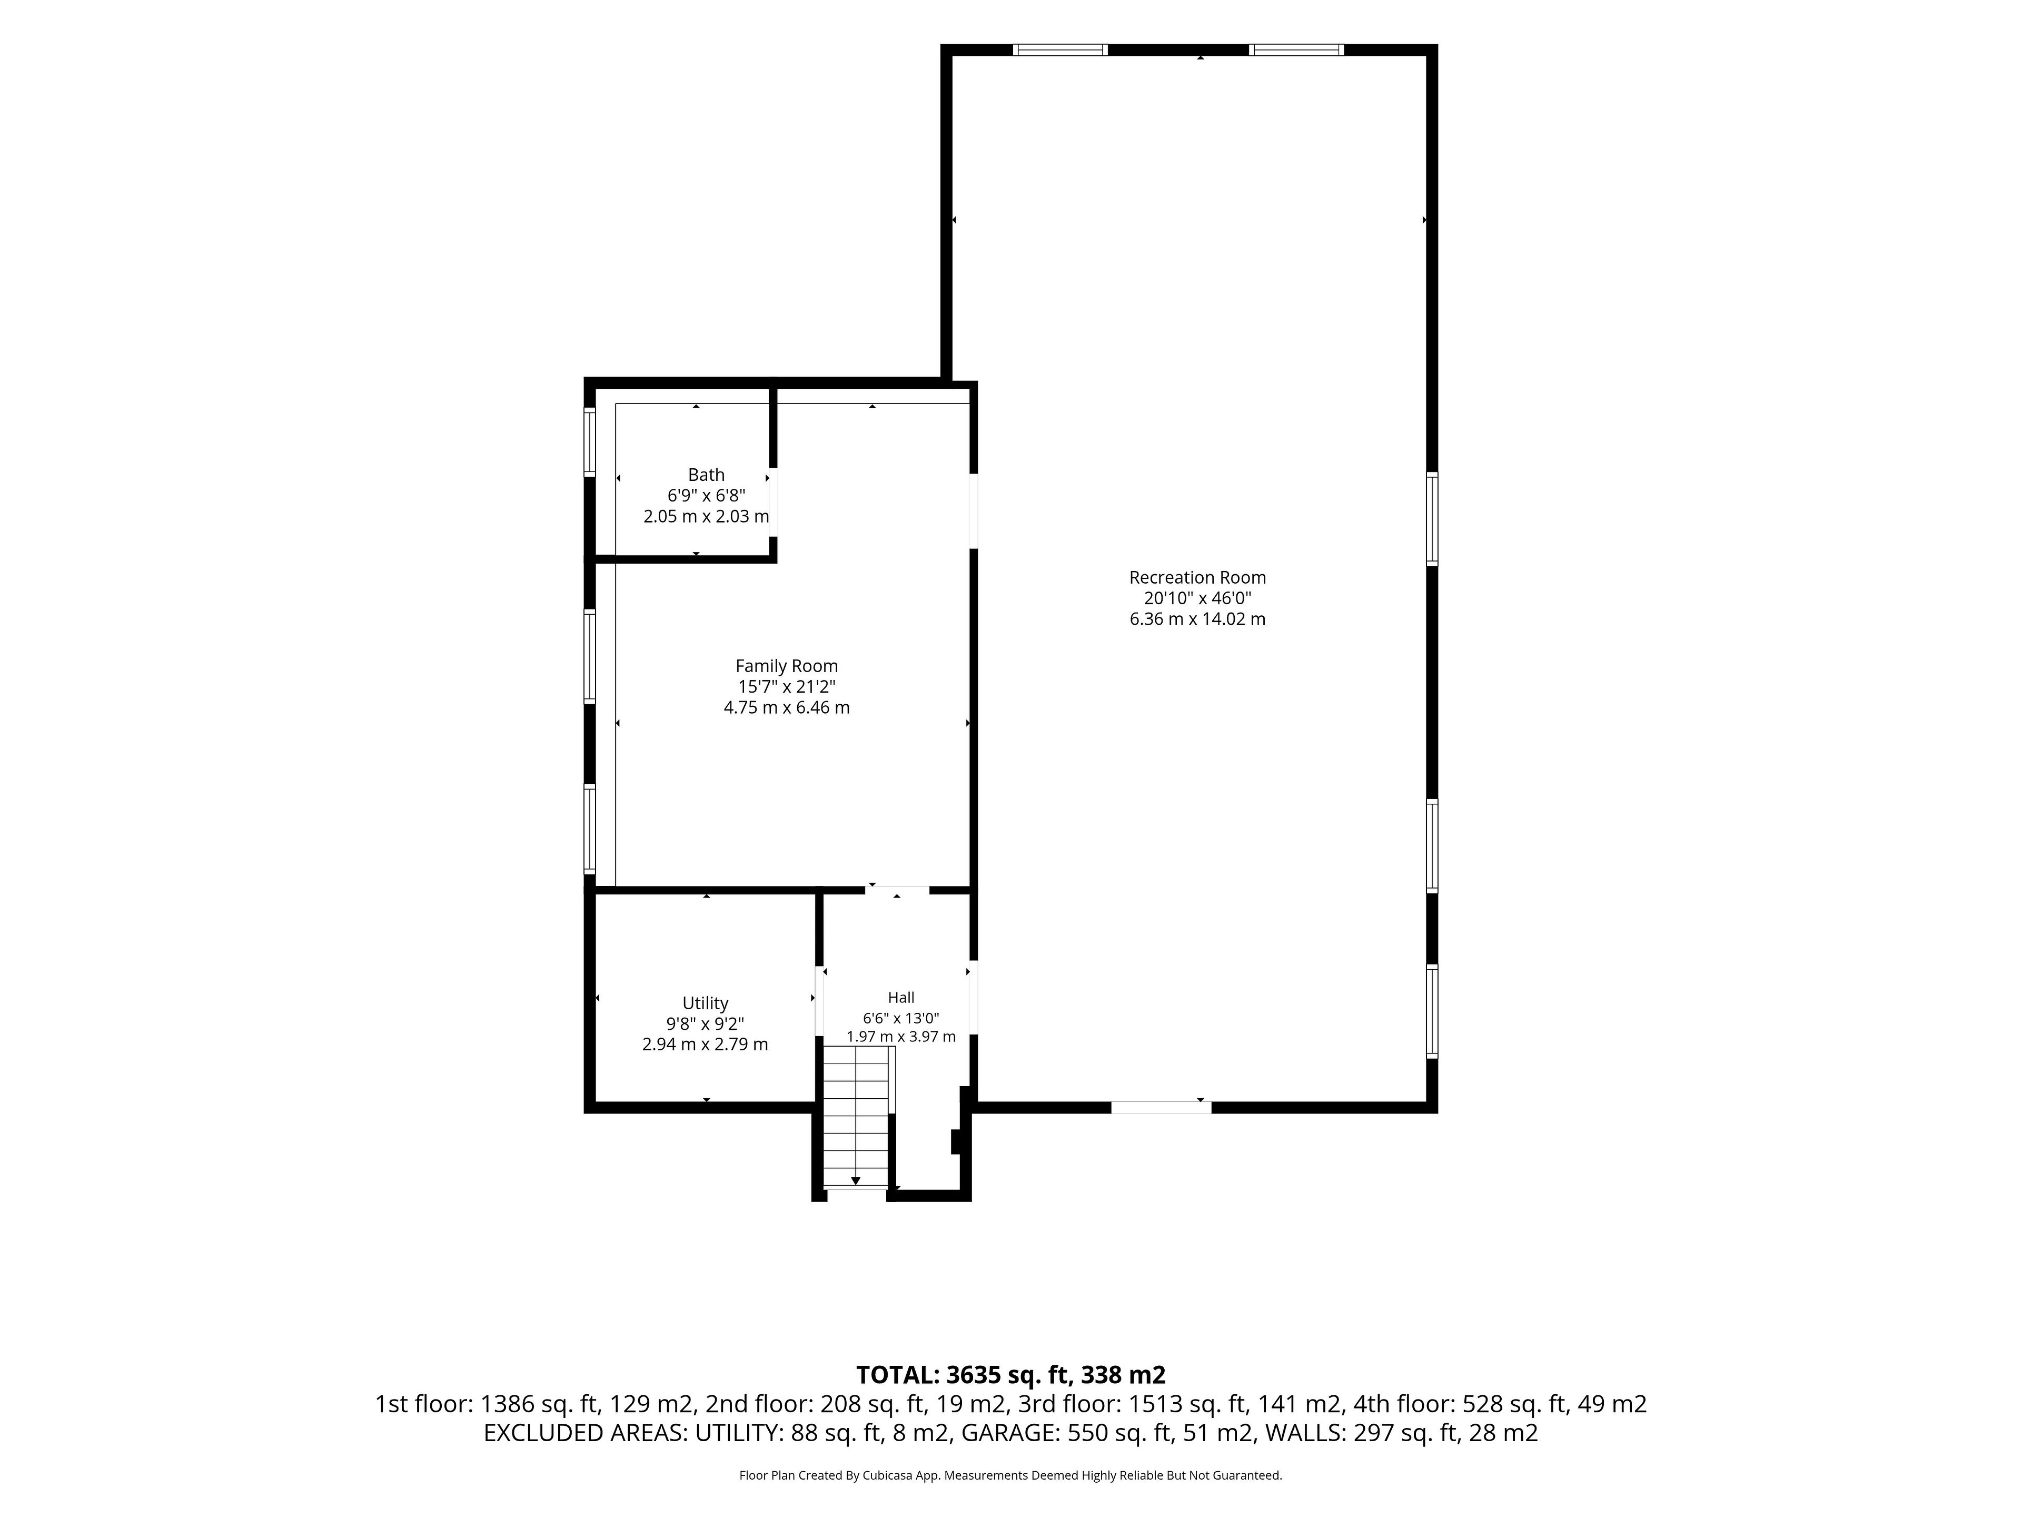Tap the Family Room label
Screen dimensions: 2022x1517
786,667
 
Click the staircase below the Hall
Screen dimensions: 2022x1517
856,1117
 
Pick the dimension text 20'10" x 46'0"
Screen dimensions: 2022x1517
1197,598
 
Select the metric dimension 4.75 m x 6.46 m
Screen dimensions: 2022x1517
786,708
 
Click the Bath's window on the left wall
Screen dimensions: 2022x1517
590,441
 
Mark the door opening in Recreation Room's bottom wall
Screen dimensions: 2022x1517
1161,1107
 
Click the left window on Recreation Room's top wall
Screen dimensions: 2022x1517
1060,50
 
